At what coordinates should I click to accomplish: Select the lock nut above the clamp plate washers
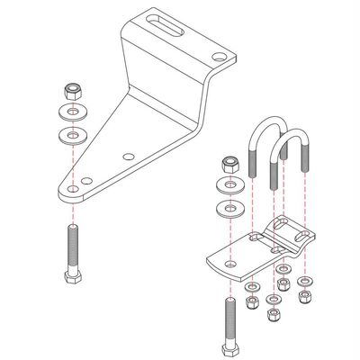tap(229, 166)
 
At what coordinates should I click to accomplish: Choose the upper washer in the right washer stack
tap(229, 187)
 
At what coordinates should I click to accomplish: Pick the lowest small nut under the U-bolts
tap(273, 313)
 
